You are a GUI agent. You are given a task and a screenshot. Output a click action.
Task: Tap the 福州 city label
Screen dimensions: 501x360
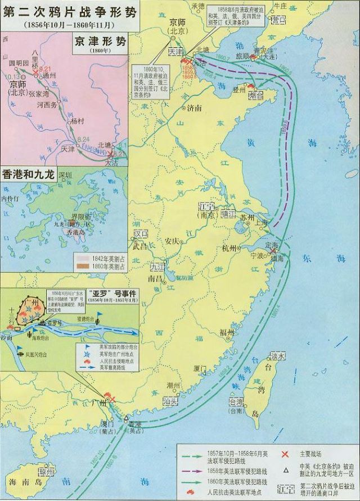click(x=227, y=333)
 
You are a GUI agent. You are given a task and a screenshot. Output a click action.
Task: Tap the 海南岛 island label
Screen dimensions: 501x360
click(x=21, y=483)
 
